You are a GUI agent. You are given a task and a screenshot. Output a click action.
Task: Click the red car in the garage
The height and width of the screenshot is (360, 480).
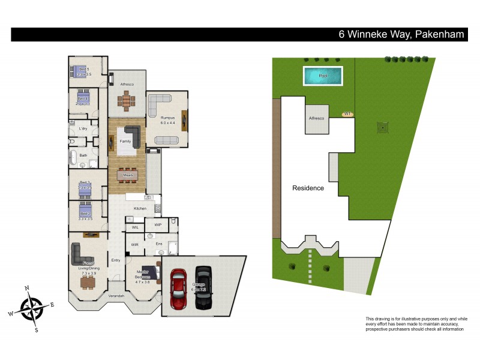[x=179, y=288]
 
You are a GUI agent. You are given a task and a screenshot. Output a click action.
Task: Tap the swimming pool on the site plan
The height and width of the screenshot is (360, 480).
[x=323, y=76]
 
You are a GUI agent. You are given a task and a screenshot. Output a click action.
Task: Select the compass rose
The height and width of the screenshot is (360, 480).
[x=32, y=308]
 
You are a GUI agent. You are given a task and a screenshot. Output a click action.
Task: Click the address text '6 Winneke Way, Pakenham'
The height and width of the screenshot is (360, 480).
[x=401, y=34]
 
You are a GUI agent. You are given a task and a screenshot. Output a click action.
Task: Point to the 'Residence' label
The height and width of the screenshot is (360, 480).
[x=308, y=188]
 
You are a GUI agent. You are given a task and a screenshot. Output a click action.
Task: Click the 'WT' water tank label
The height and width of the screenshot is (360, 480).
[x=347, y=113]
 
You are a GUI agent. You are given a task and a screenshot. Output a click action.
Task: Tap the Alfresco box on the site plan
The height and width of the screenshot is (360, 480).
[x=316, y=119]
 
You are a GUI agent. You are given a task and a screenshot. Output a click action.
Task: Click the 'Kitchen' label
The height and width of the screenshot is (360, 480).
[x=140, y=208]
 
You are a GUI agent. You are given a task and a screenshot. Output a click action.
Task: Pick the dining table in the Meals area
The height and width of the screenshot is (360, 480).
[x=127, y=175]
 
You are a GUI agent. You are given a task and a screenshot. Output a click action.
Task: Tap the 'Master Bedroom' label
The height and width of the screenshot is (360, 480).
[x=142, y=274]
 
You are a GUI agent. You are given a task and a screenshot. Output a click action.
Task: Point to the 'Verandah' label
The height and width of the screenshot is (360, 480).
[x=116, y=296]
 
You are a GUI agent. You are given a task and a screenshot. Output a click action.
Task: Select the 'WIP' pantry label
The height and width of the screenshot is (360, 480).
[x=158, y=224]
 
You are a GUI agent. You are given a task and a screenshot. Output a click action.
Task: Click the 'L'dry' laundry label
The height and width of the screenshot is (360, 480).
[x=83, y=128]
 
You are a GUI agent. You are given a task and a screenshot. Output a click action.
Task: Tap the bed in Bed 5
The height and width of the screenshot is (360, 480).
[x=79, y=70]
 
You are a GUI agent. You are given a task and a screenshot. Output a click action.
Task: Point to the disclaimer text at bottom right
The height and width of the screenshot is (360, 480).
[x=416, y=323]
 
